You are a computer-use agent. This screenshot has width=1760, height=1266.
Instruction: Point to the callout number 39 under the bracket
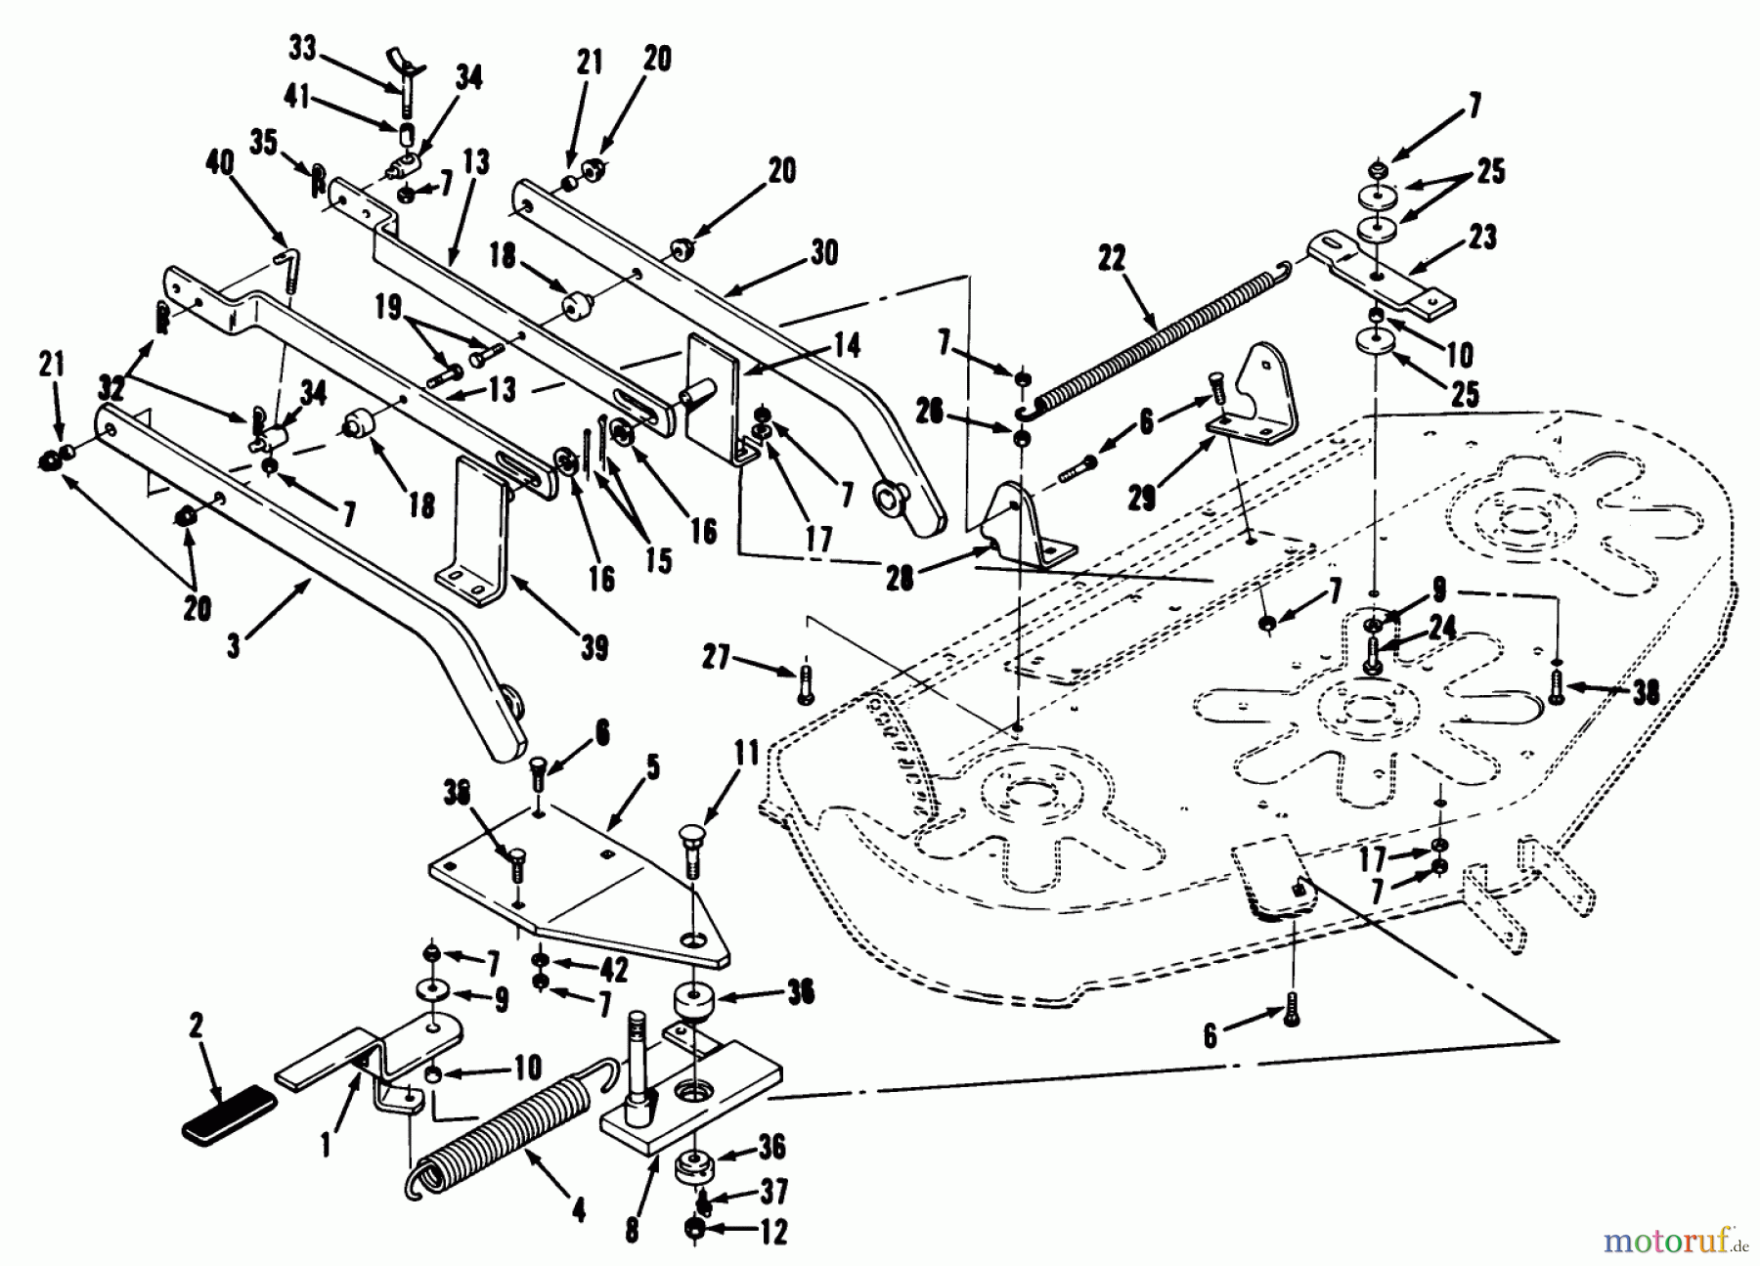(x=594, y=647)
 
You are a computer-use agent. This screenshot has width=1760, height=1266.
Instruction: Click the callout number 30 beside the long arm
(x=824, y=254)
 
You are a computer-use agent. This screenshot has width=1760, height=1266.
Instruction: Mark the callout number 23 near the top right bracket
(x=1483, y=238)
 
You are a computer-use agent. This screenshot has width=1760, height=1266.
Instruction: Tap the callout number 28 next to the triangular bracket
(x=901, y=579)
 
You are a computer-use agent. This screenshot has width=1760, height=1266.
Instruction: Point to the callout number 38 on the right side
(x=1646, y=693)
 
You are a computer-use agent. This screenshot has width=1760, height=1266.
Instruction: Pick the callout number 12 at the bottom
(x=772, y=1233)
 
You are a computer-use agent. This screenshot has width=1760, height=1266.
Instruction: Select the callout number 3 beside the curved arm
(x=234, y=646)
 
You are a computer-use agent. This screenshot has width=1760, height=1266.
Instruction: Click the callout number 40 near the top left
(x=220, y=163)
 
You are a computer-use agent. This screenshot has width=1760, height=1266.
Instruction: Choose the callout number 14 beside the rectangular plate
(x=847, y=346)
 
